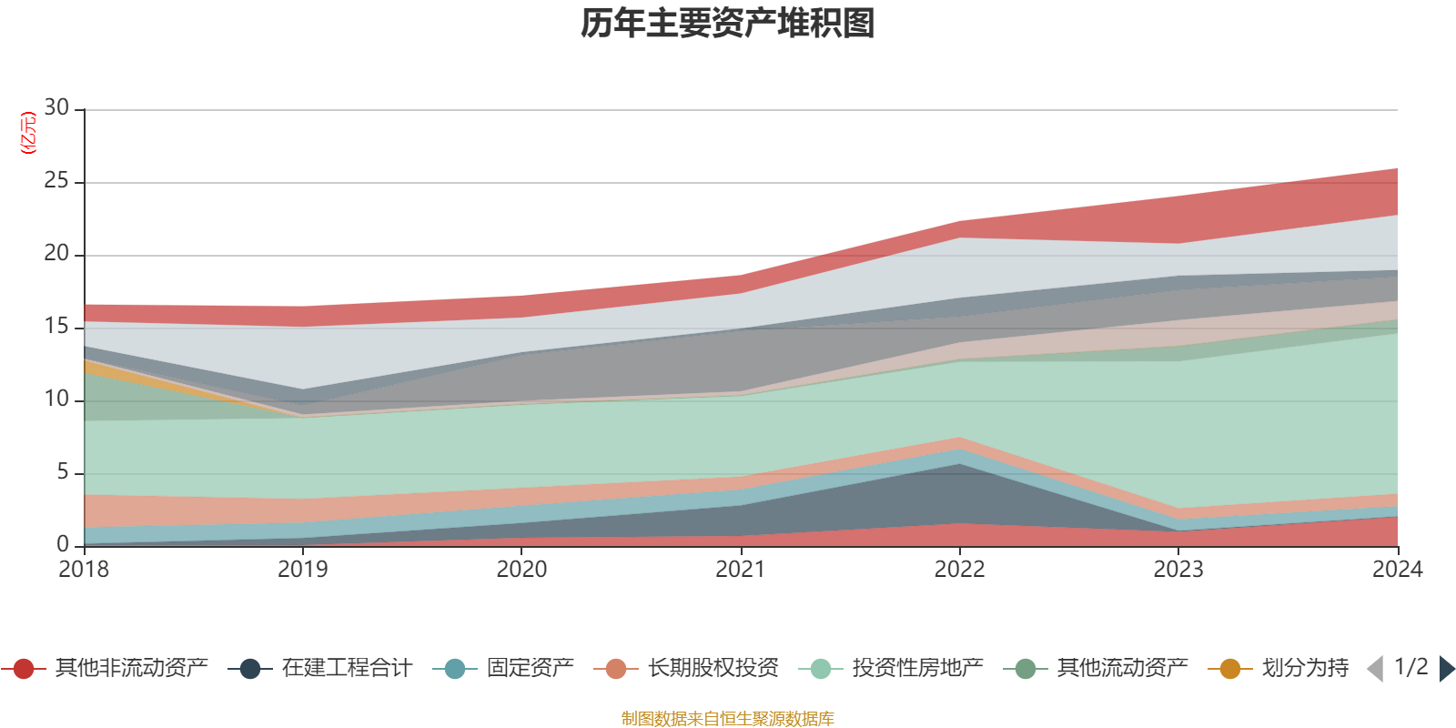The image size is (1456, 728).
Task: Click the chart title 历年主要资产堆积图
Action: point(728,24)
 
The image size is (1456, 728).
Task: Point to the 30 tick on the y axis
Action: point(56,108)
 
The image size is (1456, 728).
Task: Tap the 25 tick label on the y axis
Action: point(56,181)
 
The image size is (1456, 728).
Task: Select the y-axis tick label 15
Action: point(56,327)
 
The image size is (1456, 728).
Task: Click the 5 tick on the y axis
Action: point(63,472)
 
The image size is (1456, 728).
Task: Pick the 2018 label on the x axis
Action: point(84,570)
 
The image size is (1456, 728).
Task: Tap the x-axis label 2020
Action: point(521,570)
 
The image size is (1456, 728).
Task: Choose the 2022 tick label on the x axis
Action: point(959,570)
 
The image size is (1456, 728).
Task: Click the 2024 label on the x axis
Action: point(1397,570)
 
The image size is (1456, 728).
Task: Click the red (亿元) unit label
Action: point(28,133)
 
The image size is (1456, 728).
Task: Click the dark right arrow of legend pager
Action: point(1447,669)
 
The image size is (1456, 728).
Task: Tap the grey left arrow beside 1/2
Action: point(1375,669)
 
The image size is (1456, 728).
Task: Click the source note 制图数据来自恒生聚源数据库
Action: point(728,719)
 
